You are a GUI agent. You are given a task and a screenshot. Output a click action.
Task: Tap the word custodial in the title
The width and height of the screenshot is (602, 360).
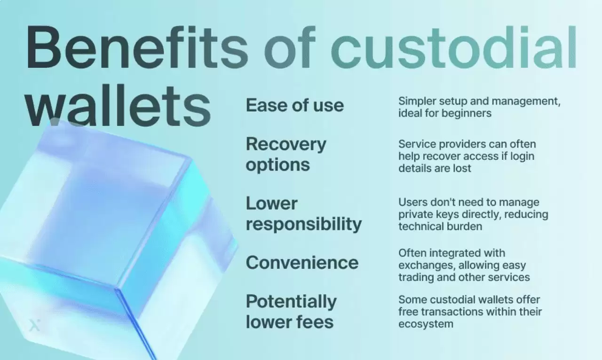coord(454,47)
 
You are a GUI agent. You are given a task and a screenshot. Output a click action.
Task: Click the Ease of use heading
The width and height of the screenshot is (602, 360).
coord(295,105)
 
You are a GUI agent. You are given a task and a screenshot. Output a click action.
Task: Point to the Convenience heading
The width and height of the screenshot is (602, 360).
coord(302,262)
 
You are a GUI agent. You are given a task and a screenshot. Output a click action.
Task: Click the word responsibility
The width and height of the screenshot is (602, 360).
coord(304,224)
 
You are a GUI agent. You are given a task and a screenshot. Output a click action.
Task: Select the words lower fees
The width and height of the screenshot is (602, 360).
coord(289,322)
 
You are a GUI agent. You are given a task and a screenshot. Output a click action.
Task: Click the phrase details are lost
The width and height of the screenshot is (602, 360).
coord(435,168)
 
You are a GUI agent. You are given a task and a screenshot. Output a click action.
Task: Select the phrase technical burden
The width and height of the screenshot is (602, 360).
coord(440,226)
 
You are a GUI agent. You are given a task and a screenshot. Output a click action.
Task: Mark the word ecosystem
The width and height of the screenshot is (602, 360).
coord(426,324)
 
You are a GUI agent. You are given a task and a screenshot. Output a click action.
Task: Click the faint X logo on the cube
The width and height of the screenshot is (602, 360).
coord(34,325)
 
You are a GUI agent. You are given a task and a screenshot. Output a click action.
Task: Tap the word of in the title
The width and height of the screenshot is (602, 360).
coord(289,47)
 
